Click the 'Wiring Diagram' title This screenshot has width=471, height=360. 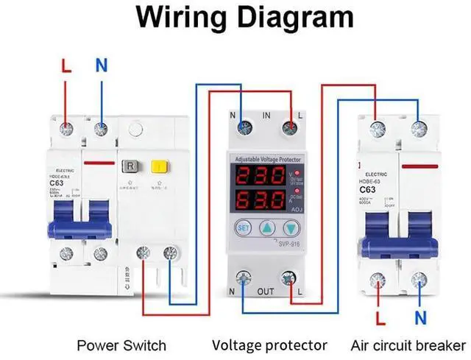coord(235,17)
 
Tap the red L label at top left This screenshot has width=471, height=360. coord(67,66)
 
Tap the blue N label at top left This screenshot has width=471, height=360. coord(102,66)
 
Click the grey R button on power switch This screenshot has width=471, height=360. coord(130,166)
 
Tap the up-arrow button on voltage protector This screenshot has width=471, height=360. coord(269,227)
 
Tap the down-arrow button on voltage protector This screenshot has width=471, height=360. coord(294,227)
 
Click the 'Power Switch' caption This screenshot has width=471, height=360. coord(122,345)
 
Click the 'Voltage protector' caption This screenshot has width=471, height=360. coord(269,345)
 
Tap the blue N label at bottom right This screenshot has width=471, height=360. coord(420,318)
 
